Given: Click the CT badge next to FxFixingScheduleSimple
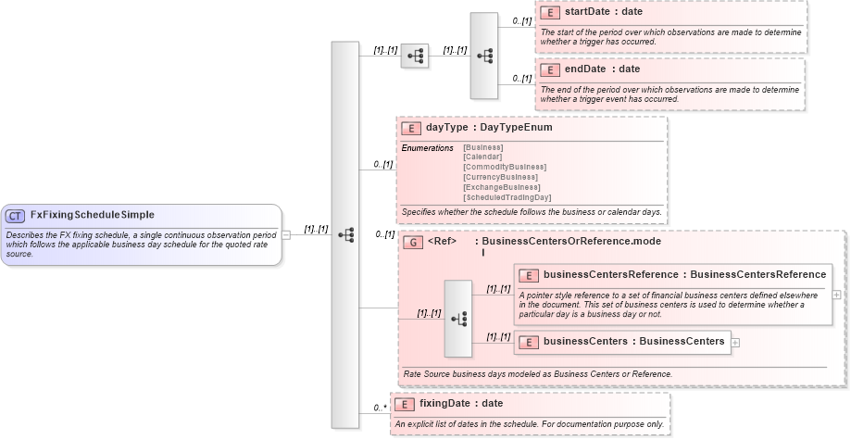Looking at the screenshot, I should pyautogui.click(x=15, y=216).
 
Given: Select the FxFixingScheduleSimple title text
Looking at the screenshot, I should pyautogui.click(x=92, y=215).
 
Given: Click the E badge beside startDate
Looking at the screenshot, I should pyautogui.click(x=549, y=13).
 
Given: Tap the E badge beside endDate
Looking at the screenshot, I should pyautogui.click(x=549, y=69).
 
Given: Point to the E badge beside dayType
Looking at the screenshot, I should pyautogui.click(x=410, y=128).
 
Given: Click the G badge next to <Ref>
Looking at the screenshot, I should pyautogui.click(x=413, y=242).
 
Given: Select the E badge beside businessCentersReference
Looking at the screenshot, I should pyautogui.click(x=528, y=275).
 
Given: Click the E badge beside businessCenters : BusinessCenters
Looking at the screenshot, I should pyautogui.click(x=528, y=342).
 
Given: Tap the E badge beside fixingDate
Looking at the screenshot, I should pyautogui.click(x=404, y=404).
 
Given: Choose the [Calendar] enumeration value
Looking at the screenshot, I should pyautogui.click(x=482, y=157).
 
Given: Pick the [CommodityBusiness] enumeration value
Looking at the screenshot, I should pyautogui.click(x=505, y=167).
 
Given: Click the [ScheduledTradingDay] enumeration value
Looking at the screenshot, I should pyautogui.click(x=507, y=197).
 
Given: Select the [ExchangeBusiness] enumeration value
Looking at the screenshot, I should pyautogui.click(x=501, y=187).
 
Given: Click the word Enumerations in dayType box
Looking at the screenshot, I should pyautogui.click(x=428, y=148).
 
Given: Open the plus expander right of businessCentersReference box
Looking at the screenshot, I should pyautogui.click(x=837, y=295).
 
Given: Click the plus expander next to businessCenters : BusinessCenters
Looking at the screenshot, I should pyautogui.click(x=736, y=342).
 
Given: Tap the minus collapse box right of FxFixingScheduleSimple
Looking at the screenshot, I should pyautogui.click(x=286, y=234).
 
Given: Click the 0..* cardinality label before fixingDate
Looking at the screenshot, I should pyautogui.click(x=380, y=408).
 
